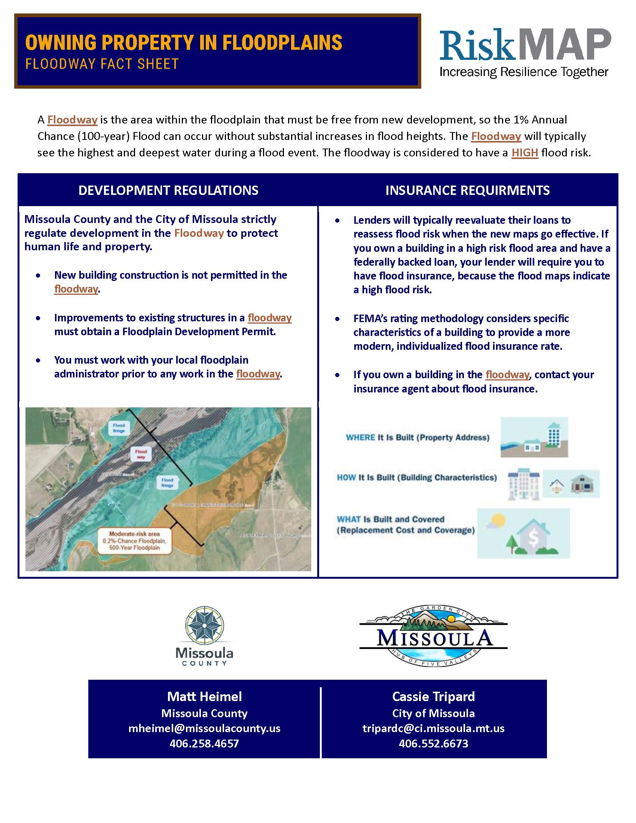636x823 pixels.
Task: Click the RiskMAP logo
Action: click(525, 52)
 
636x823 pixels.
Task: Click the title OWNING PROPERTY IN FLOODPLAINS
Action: click(183, 42)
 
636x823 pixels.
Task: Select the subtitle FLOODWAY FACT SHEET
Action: click(102, 64)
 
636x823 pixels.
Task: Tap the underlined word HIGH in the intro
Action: click(525, 153)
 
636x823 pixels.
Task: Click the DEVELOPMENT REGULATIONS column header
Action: click(168, 190)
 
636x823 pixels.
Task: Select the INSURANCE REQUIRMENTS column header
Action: click(467, 190)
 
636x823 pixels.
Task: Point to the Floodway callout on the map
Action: click(141, 454)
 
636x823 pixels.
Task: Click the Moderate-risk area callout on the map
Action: click(135, 541)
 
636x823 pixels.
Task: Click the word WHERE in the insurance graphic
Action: click(360, 438)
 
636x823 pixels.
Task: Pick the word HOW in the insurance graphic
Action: click(346, 477)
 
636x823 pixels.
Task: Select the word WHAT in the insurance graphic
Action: click(349, 519)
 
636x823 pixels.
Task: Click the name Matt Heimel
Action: click(204, 697)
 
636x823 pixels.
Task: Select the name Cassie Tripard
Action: click(433, 697)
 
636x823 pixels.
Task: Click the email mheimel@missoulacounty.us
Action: click(204, 728)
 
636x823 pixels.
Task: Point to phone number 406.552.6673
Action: click(433, 743)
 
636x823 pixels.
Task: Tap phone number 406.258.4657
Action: click(204, 743)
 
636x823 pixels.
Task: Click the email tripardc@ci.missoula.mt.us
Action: click(433, 728)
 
